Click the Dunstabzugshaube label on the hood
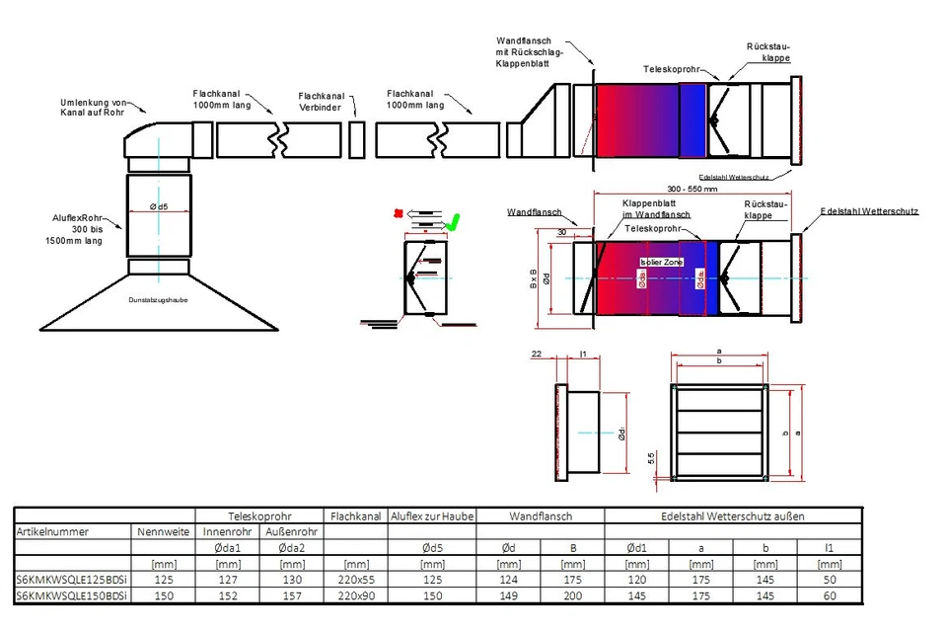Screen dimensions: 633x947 [159, 299]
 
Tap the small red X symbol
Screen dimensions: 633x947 [398, 212]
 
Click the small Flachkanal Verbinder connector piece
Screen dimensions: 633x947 [357, 139]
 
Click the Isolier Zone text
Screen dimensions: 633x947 [661, 262]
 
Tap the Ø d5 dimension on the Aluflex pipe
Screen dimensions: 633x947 [158, 206]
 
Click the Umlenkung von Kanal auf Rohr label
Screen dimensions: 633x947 [94, 107]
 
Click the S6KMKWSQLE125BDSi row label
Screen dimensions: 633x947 [66, 581]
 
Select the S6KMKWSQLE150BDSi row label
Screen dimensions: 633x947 [66, 596]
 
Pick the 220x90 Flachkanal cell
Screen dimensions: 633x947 [355, 596]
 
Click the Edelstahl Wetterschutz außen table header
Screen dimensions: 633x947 [733, 515]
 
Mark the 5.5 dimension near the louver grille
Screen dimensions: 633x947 [652, 459]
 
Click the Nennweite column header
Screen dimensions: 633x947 [163, 531]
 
